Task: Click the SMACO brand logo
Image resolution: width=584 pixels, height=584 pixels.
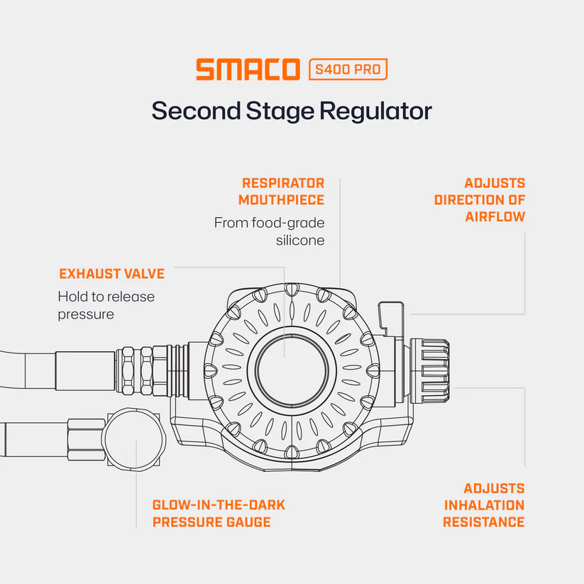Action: [248, 70]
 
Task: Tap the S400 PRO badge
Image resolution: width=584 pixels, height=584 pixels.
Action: [348, 70]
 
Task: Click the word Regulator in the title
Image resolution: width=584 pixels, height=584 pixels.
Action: [376, 111]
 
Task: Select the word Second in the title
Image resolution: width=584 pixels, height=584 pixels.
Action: [197, 111]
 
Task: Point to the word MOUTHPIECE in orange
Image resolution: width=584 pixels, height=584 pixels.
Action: [282, 200]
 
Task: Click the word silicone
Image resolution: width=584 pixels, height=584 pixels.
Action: [300, 241]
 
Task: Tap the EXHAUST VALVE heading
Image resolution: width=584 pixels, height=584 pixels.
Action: [111, 274]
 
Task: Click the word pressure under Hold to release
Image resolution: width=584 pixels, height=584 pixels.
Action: [86, 315]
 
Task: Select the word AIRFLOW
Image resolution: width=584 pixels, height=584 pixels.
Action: [495, 216]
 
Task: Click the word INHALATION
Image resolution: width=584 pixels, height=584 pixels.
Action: [484, 505]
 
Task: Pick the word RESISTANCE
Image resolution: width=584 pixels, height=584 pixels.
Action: [484, 522]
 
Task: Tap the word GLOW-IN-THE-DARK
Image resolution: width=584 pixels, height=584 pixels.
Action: [219, 505]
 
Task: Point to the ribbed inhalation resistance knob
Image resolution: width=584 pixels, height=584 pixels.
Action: [429, 370]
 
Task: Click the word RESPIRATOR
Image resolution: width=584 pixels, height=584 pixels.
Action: [283, 183]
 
